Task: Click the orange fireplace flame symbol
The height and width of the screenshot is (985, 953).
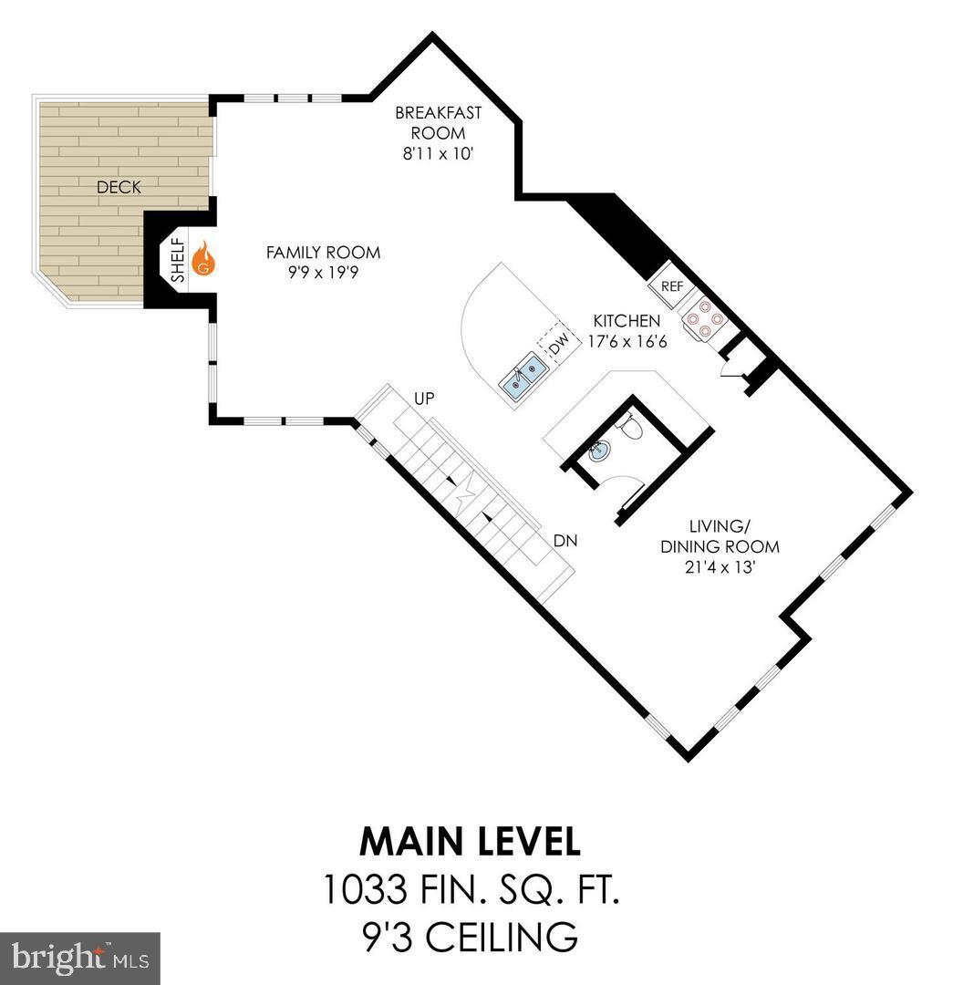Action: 205,258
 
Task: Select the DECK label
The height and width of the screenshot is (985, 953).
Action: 119,187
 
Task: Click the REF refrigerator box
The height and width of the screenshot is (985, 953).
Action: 671,285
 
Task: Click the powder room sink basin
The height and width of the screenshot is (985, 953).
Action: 599,450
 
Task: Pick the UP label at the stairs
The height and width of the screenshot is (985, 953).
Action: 424,399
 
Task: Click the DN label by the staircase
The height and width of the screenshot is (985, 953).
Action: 565,540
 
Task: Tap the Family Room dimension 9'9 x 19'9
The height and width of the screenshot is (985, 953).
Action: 323,273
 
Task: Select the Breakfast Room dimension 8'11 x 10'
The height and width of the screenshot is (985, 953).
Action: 438,154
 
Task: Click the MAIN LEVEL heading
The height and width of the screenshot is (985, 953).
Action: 470,841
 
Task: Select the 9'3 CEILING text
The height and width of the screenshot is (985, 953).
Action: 470,936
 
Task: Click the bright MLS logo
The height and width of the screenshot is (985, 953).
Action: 79,958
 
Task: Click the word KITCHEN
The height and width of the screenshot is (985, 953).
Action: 627,321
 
